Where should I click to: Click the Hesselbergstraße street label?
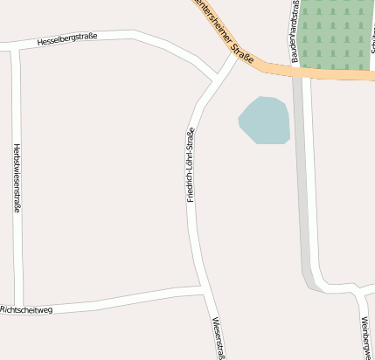[x=67, y=39]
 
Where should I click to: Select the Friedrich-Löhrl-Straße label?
[x=190, y=165]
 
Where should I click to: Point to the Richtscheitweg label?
[x=27, y=309]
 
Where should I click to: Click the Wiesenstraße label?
[x=218, y=337]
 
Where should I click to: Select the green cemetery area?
[x=337, y=35]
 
